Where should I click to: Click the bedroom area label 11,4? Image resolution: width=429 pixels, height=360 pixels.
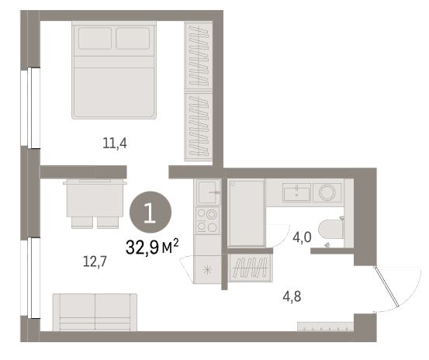tap(115, 143)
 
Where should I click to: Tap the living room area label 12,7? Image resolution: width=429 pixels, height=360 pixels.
tap(95, 261)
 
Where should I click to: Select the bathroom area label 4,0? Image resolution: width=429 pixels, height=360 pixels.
tap(302, 237)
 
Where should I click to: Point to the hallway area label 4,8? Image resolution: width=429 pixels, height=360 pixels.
tap(292, 296)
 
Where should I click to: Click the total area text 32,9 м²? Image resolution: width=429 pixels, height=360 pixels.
tap(152, 247)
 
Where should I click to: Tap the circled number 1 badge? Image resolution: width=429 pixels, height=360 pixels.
tap(150, 213)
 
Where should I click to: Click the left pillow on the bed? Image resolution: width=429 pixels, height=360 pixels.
tap(95, 38)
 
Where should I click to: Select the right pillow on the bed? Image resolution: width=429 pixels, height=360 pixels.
tap(133, 38)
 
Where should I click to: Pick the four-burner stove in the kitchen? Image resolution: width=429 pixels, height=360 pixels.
tap(208, 220)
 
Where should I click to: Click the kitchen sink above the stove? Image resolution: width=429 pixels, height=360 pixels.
tap(208, 192)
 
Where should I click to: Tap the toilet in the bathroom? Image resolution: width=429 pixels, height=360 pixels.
tap(331, 229)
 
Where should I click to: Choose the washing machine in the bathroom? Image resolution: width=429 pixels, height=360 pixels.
tap(327, 192)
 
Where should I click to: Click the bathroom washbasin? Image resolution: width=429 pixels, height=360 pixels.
tap(296, 192)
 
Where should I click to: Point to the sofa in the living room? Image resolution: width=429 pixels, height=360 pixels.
tap(95, 312)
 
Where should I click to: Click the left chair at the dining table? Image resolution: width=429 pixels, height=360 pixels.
tap(82, 223)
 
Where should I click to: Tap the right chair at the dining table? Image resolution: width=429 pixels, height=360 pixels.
tap(108, 223)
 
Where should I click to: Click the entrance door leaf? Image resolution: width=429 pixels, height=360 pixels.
tap(386, 286)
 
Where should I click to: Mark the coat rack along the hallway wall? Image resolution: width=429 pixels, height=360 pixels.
tap(326, 327)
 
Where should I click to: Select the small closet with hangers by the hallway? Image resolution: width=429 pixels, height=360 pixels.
tap(251, 268)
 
